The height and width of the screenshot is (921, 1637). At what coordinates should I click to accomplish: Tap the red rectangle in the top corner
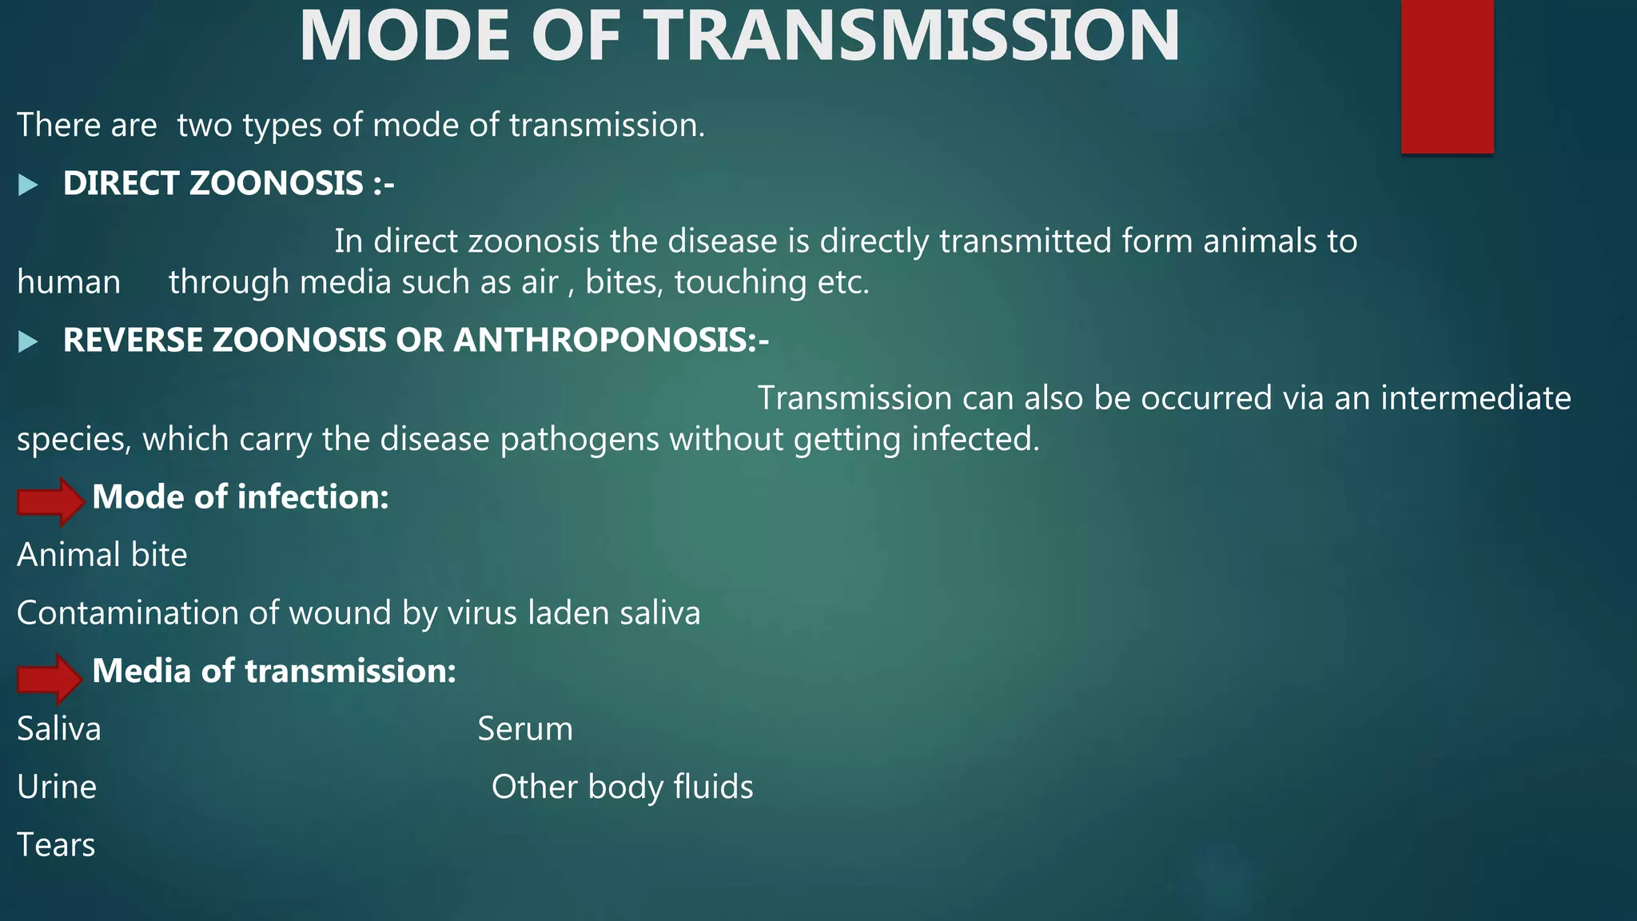click(1447, 76)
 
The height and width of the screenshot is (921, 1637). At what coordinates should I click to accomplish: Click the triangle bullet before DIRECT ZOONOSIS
click(28, 185)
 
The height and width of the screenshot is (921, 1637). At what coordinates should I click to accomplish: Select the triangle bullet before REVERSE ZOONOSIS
click(28, 342)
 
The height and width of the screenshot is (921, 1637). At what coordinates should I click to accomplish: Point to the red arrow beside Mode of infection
click(50, 501)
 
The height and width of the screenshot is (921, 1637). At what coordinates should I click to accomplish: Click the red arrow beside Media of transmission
click(50, 677)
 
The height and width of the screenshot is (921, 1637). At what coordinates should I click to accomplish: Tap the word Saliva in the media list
click(59, 729)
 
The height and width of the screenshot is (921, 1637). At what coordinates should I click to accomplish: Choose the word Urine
click(57, 787)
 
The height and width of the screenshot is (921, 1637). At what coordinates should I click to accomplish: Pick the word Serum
click(525, 729)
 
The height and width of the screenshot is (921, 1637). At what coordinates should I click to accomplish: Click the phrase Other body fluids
click(622, 787)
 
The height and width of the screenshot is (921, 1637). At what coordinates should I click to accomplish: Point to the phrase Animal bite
click(102, 555)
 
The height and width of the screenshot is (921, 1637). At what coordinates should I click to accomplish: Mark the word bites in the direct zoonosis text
click(624, 282)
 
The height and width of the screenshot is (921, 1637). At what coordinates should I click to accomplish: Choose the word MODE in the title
click(404, 37)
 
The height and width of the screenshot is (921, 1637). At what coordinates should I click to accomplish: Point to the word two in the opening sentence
click(205, 126)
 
